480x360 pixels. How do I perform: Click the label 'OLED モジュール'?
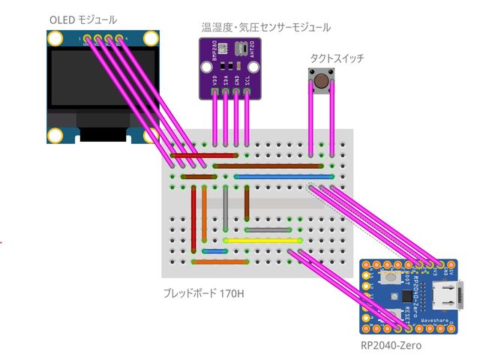[82, 19]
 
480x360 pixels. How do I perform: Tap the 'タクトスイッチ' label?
[337, 58]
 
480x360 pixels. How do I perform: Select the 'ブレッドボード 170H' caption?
[202, 292]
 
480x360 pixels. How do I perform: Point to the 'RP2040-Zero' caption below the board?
[391, 346]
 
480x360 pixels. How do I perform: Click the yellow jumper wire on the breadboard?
[262, 241]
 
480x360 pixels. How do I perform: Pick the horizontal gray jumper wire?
[268, 229]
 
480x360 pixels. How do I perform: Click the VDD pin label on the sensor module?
[216, 79]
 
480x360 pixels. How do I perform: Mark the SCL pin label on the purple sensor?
[247, 79]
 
